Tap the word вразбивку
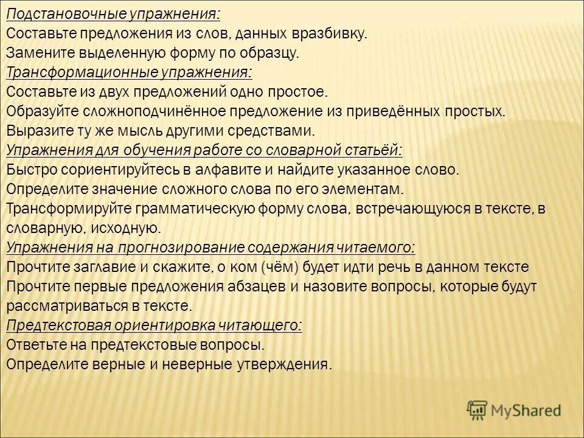click(x=334, y=33)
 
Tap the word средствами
click(x=279, y=131)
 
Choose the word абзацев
click(x=238, y=287)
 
